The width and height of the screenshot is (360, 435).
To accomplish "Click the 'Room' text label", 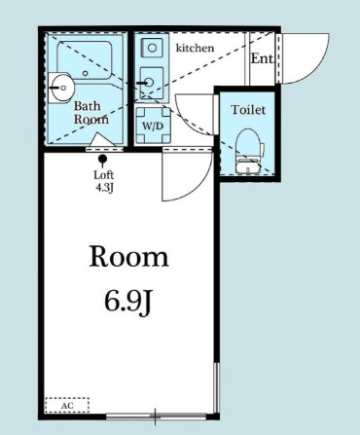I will (128, 258).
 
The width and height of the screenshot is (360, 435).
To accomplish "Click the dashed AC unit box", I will (66, 404).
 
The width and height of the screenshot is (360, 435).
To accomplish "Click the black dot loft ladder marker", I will (104, 161).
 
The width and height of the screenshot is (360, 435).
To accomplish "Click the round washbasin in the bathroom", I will (61, 83).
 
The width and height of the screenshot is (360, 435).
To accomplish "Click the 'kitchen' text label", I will (196, 46).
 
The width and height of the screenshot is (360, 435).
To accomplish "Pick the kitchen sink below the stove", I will (150, 82).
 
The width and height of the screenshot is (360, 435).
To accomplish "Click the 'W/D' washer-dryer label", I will (152, 127).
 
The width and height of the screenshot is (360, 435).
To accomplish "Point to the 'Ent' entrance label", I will (262, 58).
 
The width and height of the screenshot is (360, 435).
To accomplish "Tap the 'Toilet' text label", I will (247, 110).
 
